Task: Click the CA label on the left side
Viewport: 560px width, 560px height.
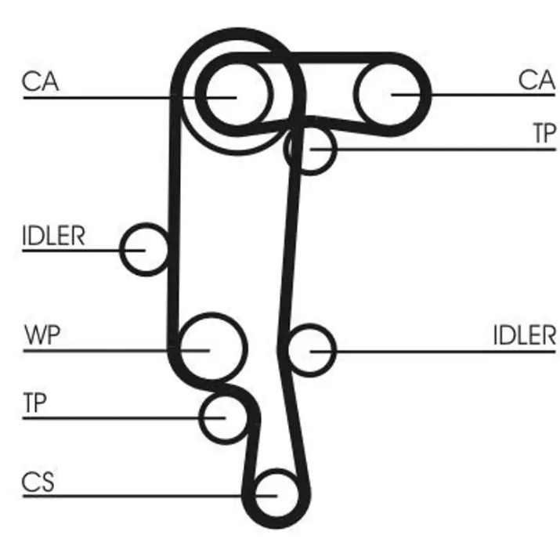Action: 40,81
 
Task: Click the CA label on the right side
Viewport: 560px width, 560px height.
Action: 537,80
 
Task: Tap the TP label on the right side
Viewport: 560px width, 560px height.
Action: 544,132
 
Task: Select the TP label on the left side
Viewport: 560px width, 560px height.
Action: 34,402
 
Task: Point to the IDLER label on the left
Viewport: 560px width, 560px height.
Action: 53,236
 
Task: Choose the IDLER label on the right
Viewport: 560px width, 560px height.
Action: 525,335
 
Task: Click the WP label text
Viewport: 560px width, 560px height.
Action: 42,334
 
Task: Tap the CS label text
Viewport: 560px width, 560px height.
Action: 38,482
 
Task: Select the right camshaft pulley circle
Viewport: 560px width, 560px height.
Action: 357,95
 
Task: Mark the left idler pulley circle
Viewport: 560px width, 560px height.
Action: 121,249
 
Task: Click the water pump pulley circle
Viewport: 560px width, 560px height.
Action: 247,348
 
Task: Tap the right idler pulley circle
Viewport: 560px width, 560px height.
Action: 336,350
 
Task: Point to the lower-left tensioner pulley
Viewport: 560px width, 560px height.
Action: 200,418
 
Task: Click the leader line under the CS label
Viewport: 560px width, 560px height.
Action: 150,496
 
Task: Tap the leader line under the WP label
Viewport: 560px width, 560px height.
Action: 117,351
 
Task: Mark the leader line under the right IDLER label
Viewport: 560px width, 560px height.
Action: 433,352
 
